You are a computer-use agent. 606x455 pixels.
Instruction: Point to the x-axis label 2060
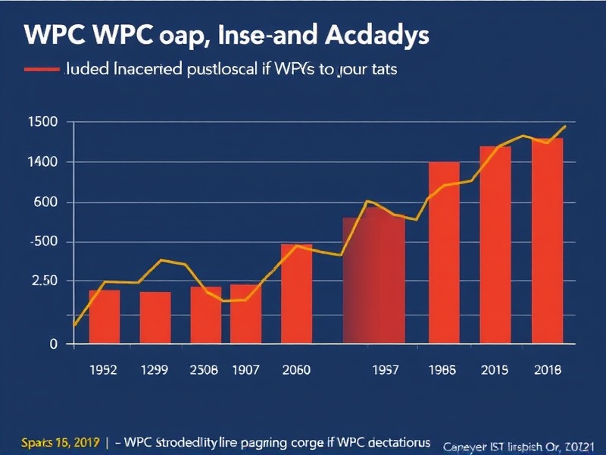click(297, 371)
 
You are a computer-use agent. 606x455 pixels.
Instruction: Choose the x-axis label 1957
click(387, 371)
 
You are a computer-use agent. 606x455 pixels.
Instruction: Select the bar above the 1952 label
click(105, 316)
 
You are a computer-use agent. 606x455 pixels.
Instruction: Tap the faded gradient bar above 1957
click(373, 281)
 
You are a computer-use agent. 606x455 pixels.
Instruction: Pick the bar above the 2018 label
click(547, 240)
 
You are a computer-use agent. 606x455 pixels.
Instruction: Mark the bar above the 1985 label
click(444, 253)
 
